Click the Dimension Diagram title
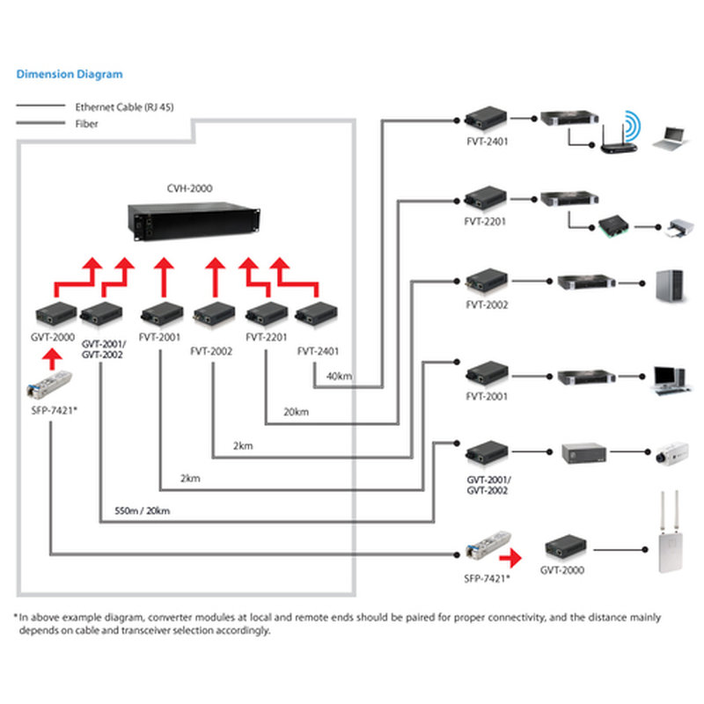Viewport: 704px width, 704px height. click(70, 75)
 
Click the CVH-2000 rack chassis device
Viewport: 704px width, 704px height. click(194, 221)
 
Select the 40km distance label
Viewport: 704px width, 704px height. click(339, 377)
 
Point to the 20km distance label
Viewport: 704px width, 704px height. click(296, 412)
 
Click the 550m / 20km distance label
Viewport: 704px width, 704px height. click(142, 511)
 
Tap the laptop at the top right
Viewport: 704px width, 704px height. click(670, 136)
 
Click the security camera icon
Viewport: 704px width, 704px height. click(671, 455)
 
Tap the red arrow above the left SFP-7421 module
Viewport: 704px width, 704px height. click(53, 356)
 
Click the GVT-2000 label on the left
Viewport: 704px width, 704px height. click(54, 337)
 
